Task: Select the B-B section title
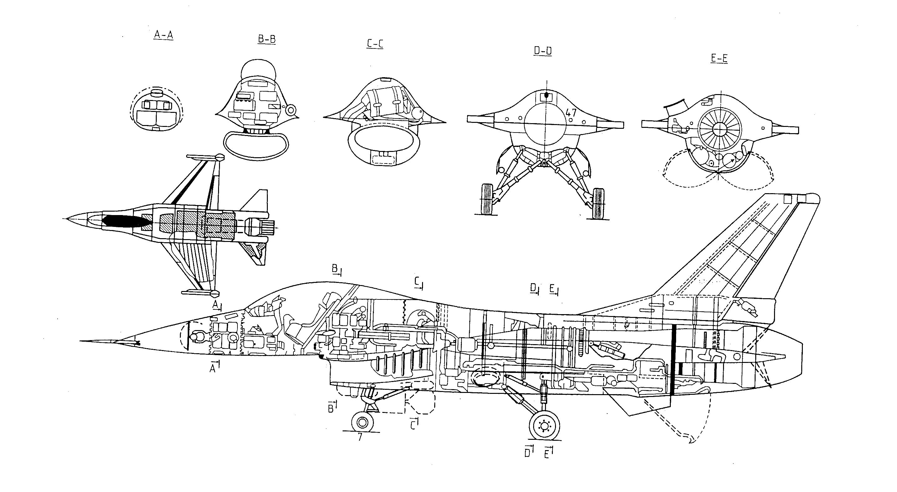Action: [267, 39]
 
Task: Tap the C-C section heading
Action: [375, 44]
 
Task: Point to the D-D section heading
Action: [543, 51]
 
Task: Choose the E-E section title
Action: [719, 58]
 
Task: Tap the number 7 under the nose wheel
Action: [360, 437]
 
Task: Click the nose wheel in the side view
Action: [363, 423]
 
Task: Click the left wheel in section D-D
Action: [487, 199]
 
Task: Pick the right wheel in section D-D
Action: [599, 203]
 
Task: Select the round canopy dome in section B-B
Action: [258, 68]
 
